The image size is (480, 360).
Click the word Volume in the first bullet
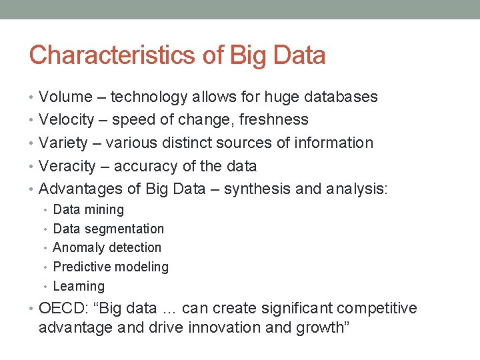65,97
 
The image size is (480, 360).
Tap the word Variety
63,143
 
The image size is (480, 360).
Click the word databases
340,97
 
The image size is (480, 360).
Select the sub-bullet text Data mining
88,210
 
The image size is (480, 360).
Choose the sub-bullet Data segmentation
108,229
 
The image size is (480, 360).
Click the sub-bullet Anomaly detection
107,248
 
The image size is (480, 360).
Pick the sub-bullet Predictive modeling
111,267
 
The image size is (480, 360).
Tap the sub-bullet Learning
79,287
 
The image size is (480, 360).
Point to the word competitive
377,309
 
